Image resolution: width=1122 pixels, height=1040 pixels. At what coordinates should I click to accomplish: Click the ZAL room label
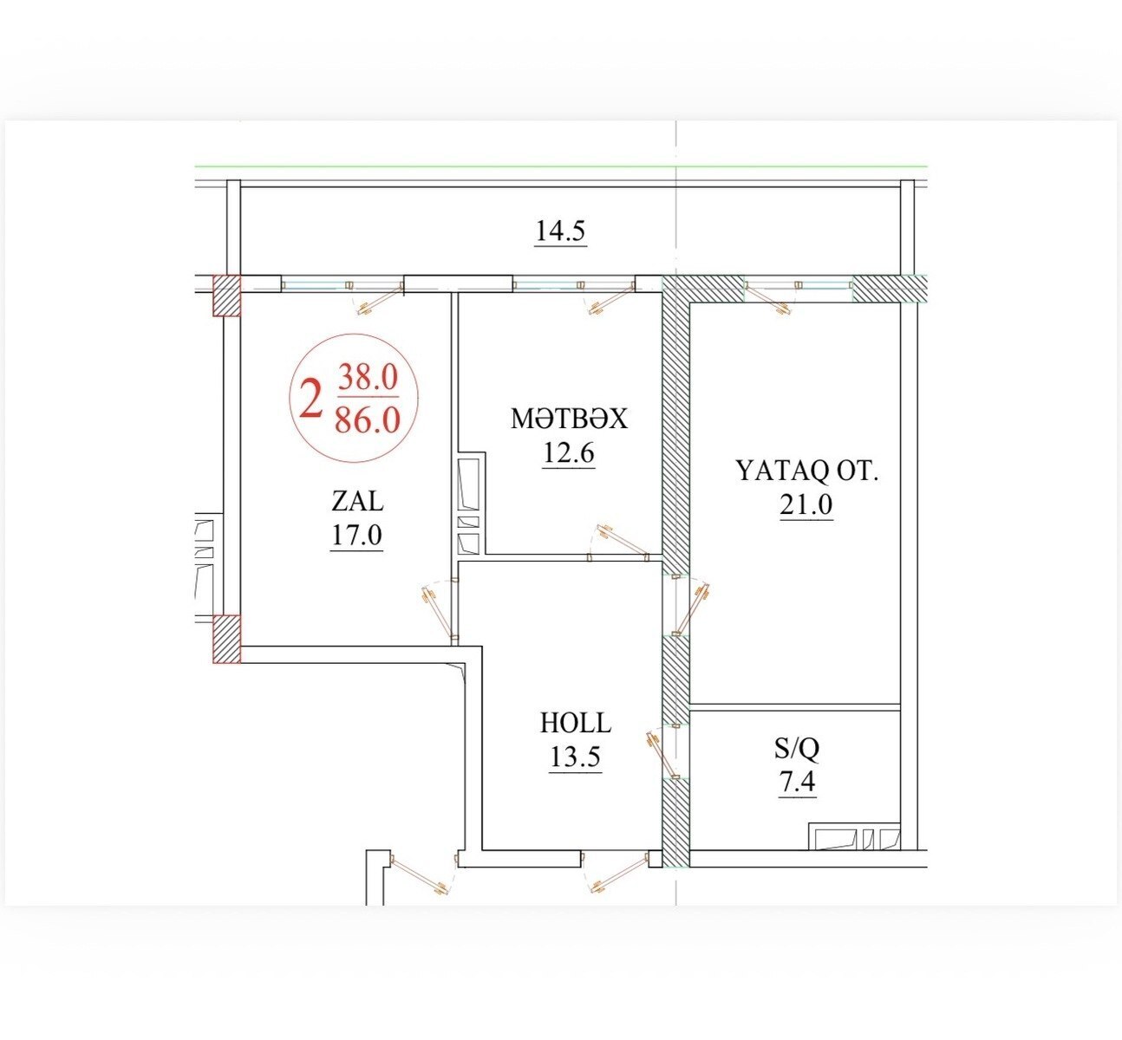(357, 501)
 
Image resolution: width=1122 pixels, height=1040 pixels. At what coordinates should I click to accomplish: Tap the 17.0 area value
(356, 535)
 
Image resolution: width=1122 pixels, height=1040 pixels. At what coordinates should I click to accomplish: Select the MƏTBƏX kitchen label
(569, 419)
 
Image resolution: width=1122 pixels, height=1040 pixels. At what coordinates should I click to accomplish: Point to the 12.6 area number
(568, 452)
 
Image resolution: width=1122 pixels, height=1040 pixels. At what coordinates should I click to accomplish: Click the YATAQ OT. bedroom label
(807, 471)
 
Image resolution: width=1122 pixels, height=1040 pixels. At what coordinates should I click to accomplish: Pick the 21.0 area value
(806, 504)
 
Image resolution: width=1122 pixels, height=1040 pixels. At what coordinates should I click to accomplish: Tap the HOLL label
(575, 723)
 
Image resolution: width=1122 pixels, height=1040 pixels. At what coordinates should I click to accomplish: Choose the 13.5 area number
(575, 757)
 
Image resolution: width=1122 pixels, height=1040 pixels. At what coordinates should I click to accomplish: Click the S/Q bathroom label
(797, 750)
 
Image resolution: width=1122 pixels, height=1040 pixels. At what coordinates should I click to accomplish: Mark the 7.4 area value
(797, 783)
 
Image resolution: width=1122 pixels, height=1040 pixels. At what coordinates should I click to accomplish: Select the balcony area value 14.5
(560, 231)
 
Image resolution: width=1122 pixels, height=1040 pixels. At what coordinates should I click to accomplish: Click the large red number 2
(310, 399)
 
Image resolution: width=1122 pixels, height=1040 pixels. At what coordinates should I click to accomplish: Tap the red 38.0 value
(369, 377)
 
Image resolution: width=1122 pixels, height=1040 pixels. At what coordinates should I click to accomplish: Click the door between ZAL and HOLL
(440, 611)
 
